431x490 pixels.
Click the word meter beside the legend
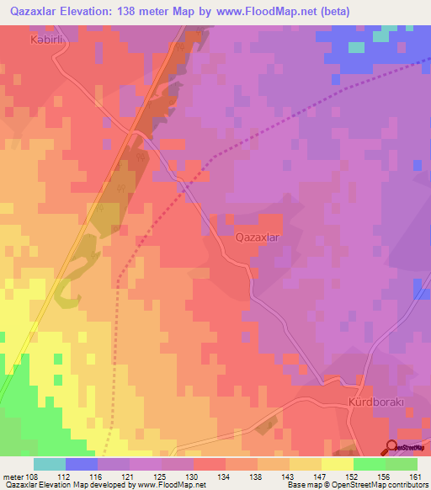(x=13, y=477)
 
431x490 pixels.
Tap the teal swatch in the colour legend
(x=50, y=464)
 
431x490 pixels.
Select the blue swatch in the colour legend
(x=82, y=464)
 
